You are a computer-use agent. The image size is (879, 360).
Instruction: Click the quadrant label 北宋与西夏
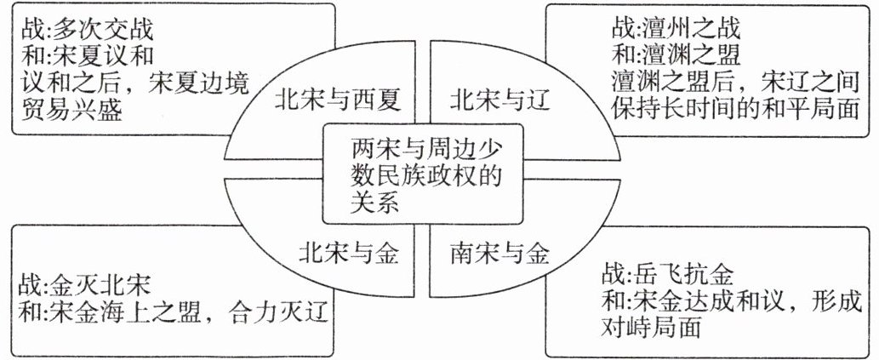click(x=337, y=100)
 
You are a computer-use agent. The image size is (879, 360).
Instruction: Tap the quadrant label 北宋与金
click(x=349, y=252)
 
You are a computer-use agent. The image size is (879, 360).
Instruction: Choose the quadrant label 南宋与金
click(x=499, y=252)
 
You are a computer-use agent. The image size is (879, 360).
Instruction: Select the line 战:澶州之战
click(x=676, y=28)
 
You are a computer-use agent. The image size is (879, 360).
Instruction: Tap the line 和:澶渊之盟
click(x=676, y=54)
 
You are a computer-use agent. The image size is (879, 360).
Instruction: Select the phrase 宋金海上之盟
click(x=140, y=311)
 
